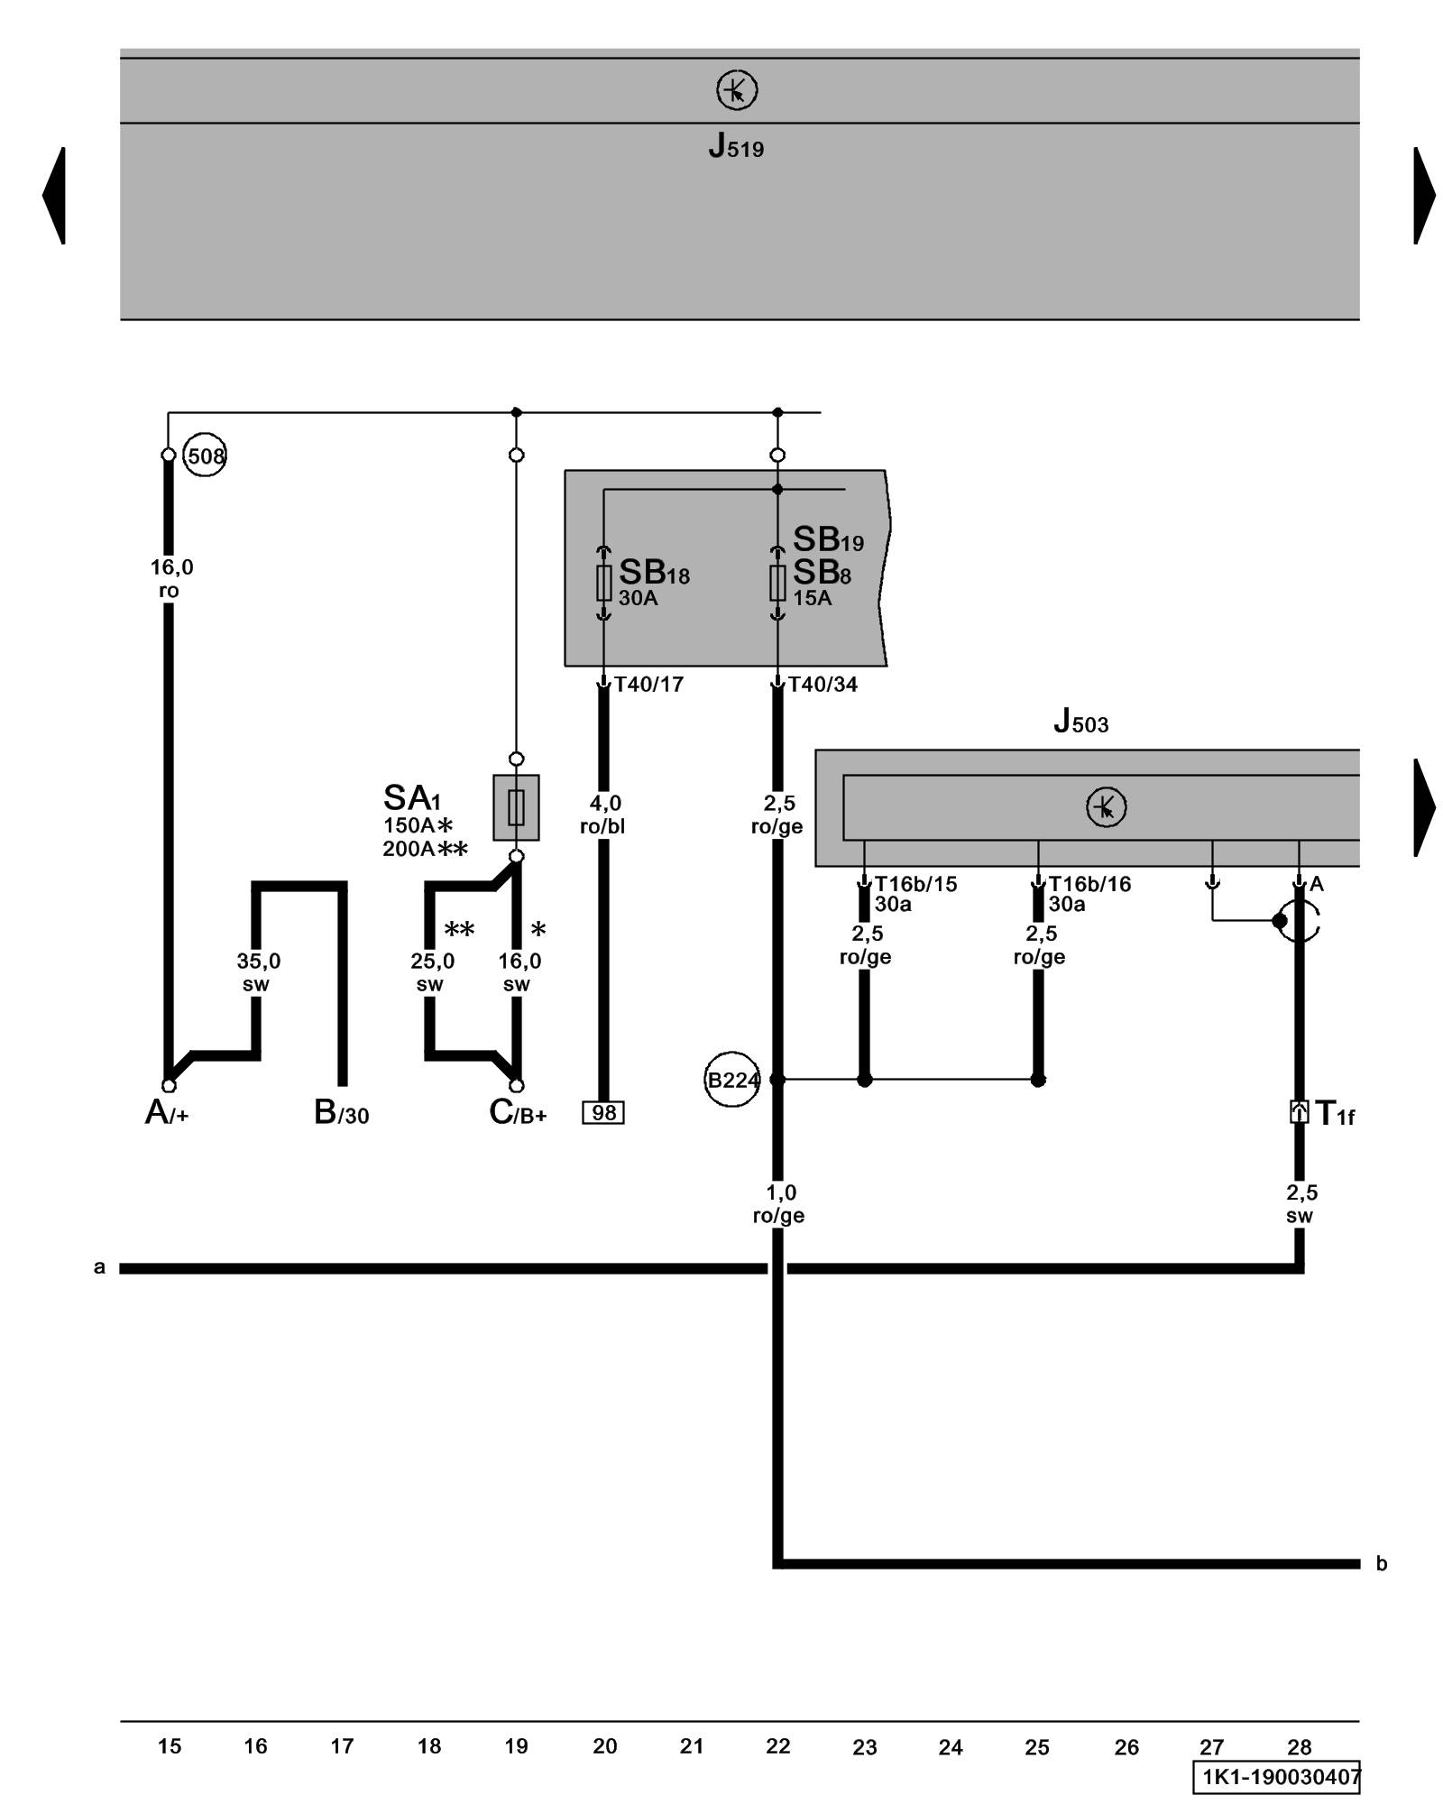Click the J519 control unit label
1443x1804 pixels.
[736, 146]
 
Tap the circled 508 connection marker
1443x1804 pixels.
[205, 456]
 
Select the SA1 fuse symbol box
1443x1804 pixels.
[516, 807]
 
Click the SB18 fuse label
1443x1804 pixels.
[654, 573]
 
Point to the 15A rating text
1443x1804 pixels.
[812, 598]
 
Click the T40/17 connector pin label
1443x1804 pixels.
[648, 685]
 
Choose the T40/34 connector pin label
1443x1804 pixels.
[823, 685]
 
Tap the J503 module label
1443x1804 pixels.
[1080, 723]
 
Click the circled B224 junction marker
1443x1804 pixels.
[731, 1080]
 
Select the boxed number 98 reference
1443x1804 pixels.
[603, 1113]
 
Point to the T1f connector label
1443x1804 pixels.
[1334, 1114]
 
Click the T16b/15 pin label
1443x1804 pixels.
[915, 884]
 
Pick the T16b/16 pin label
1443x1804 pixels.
[1089, 884]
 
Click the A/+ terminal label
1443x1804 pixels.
[167, 1114]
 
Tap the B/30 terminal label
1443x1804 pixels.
[341, 1114]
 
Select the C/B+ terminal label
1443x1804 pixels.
[518, 1114]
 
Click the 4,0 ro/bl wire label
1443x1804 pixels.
[603, 815]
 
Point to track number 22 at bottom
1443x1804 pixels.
[777, 1746]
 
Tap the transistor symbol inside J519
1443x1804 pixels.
[736, 91]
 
